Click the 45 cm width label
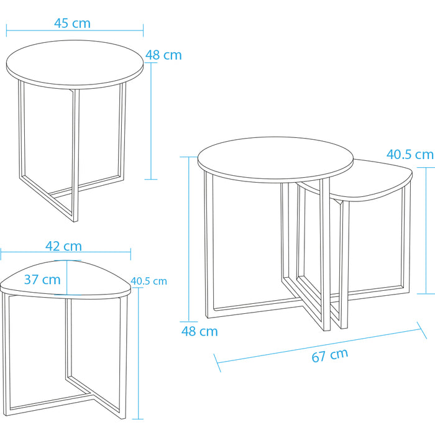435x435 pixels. point(73,23)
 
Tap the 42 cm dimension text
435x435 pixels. point(63,246)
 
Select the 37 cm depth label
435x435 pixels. point(42,280)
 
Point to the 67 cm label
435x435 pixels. point(329,355)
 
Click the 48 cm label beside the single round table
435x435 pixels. point(163,55)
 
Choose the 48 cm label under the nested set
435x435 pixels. point(199,331)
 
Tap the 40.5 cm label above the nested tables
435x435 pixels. point(410,154)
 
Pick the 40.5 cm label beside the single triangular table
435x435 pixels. point(149,281)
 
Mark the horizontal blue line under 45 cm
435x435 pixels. point(75,30)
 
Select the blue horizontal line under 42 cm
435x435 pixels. point(65,252)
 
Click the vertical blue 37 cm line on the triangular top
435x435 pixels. point(67,277)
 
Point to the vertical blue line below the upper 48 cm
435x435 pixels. point(151,121)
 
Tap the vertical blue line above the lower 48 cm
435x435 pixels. point(189,239)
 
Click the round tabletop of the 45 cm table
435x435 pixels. point(75,65)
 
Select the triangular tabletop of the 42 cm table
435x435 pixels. point(65,280)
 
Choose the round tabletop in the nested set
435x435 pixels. point(275,159)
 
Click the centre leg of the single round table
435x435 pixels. point(75,155)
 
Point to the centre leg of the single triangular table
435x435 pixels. point(68,339)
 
